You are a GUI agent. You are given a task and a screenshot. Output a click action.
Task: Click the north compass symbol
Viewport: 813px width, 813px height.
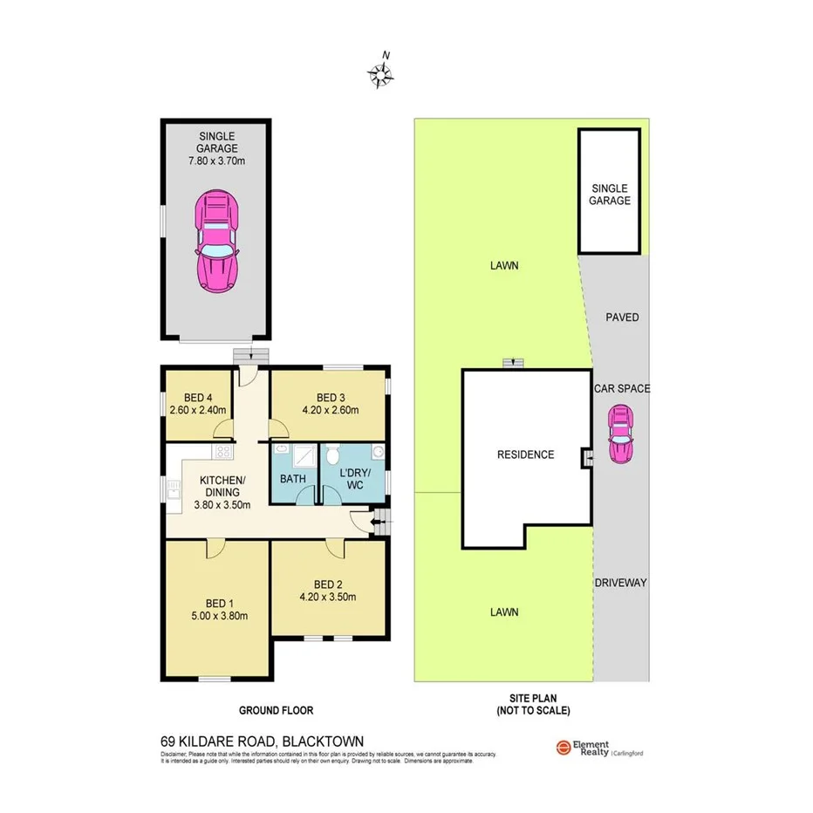coord(381,75)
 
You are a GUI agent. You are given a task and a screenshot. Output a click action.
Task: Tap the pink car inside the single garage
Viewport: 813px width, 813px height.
coord(217,243)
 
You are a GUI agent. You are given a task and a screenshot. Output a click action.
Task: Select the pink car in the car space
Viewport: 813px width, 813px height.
coord(621,438)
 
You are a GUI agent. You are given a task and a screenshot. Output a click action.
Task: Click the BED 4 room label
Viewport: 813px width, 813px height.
coord(198,397)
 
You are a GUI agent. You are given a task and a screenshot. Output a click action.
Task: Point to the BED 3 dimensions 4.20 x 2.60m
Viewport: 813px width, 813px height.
coord(331,410)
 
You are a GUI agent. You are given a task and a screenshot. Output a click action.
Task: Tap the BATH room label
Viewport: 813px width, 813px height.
coord(292,479)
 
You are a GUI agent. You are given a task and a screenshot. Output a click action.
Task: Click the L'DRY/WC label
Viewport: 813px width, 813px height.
coord(354,479)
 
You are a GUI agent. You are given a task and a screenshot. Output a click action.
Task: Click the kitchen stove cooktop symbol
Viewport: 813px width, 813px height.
coord(222,452)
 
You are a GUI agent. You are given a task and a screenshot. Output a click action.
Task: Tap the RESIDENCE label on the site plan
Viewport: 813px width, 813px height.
coord(525,454)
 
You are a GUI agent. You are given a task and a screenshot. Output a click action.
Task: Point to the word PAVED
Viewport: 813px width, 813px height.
coord(622,318)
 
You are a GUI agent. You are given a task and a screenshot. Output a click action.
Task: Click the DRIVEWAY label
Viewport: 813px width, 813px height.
coord(620,583)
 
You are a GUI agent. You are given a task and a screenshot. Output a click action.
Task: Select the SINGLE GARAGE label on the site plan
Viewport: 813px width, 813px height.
coord(611,195)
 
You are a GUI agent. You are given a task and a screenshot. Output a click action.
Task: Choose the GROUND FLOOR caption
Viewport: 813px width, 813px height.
coord(277,710)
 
